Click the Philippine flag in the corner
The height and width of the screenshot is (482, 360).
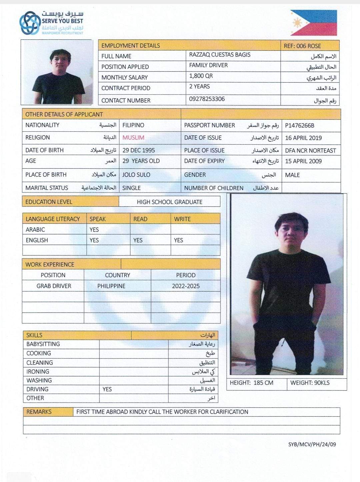313,23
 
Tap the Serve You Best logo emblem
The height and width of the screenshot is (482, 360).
30,23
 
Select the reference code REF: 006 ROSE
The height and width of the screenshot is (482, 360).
302,46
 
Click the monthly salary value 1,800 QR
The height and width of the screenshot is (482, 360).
201,76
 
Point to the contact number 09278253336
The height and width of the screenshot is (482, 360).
207,99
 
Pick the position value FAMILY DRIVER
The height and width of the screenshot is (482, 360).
208,65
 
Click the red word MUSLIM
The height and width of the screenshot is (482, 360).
133,138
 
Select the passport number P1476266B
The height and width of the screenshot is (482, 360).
299,126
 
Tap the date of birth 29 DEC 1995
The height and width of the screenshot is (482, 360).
138,150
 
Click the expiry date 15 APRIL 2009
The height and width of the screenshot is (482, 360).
303,161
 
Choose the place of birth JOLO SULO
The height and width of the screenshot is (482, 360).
136,175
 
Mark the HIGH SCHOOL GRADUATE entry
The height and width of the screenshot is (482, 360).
169,202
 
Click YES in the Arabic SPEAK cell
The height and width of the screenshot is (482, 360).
94,230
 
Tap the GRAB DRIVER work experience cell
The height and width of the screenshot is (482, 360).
54,286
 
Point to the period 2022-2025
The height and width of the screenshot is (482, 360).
186,286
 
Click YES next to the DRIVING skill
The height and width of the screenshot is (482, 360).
107,389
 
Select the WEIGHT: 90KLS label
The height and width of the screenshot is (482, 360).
310,383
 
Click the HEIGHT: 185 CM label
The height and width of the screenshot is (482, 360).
251,383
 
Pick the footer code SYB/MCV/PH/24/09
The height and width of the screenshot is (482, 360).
312,444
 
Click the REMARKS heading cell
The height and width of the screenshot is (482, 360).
39,412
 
